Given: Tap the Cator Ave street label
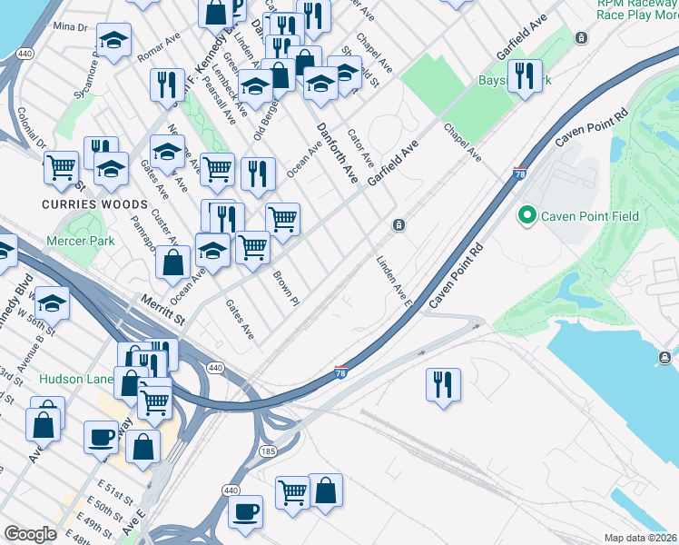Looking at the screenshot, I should pyautogui.click(x=361, y=144).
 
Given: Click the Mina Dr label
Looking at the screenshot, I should pyautogui.click(x=70, y=27).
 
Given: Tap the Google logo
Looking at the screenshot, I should pyautogui.click(x=30, y=534).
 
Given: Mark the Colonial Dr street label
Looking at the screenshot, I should pyautogui.click(x=31, y=129).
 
